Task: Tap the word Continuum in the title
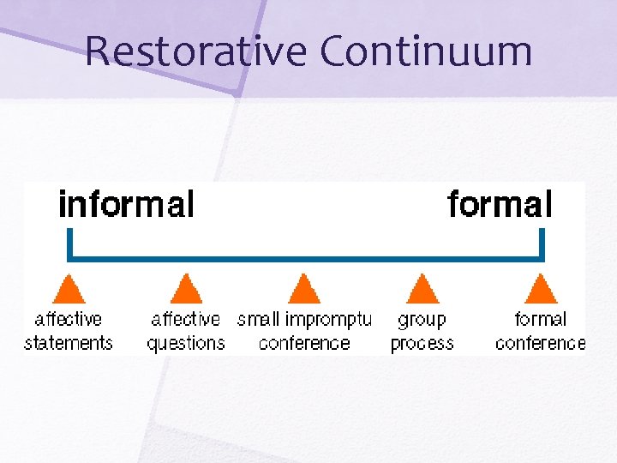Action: click(x=426, y=51)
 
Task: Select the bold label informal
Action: click(x=126, y=205)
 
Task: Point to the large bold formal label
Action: click(x=500, y=205)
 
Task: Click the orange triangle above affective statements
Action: click(x=69, y=289)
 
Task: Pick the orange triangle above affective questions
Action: click(x=186, y=289)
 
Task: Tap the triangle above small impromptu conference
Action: click(x=303, y=289)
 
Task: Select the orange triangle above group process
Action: click(x=421, y=289)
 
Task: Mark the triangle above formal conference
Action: click(x=540, y=289)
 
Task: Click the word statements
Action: click(x=69, y=343)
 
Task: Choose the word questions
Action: click(x=186, y=344)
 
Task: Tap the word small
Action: click(x=259, y=320)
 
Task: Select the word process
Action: click(x=422, y=344)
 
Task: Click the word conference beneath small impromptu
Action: click(x=304, y=343)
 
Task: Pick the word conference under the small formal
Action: click(x=540, y=343)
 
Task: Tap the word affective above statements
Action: click(x=69, y=320)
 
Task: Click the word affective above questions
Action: click(x=186, y=320)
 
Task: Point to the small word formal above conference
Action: click(x=540, y=320)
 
